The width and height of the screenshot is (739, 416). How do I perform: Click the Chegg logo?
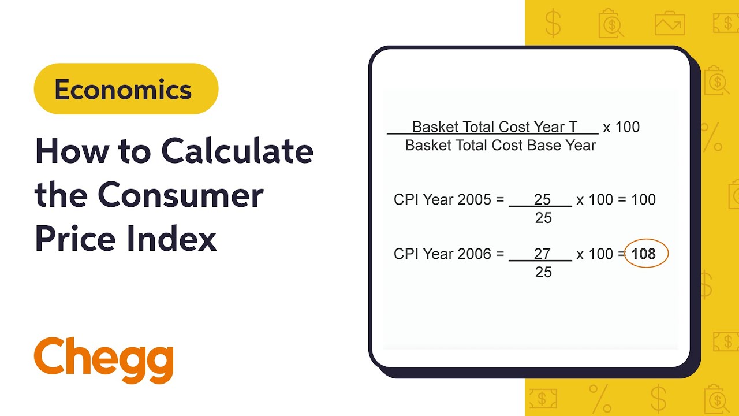[104, 359]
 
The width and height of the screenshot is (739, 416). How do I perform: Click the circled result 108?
[644, 254]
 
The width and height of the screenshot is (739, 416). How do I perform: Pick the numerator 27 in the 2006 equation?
[542, 254]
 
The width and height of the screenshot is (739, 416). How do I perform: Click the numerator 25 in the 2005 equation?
[542, 199]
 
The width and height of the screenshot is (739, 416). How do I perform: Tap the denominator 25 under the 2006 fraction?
[543, 272]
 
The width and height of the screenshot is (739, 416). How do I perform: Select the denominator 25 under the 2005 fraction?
[543, 218]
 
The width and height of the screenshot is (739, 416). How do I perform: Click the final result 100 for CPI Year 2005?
[643, 200]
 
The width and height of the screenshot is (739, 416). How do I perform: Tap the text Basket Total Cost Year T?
[495, 127]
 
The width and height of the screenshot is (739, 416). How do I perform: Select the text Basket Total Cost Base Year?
[500, 146]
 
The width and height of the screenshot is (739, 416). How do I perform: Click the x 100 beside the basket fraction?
[621, 127]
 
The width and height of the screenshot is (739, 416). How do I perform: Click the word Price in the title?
[73, 238]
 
